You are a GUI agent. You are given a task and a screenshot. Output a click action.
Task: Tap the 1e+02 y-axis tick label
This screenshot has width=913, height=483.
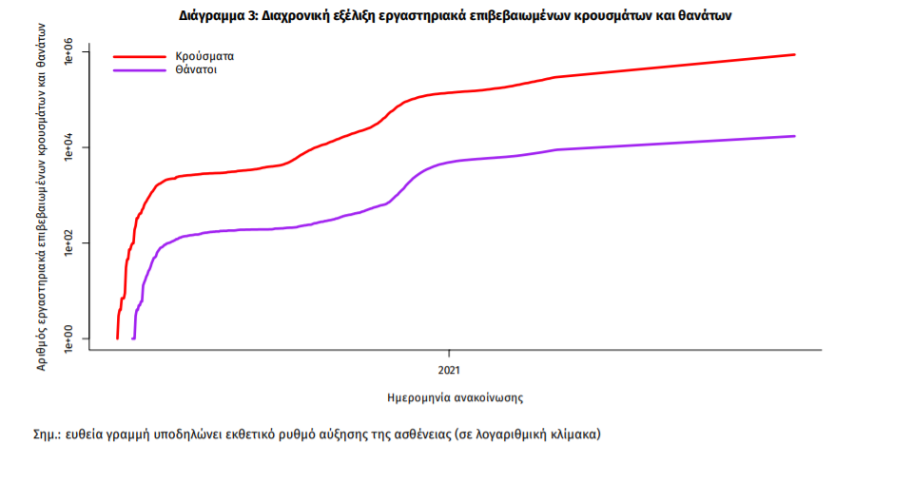(x=68, y=243)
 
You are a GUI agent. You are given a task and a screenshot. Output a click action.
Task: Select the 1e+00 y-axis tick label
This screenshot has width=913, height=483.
(x=68, y=338)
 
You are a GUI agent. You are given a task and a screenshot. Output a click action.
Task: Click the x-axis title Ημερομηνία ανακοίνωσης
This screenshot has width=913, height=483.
(x=456, y=396)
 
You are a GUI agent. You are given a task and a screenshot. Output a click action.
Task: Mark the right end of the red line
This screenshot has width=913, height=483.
(x=794, y=55)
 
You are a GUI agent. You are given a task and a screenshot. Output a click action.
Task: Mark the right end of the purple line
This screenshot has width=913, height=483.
(x=794, y=136)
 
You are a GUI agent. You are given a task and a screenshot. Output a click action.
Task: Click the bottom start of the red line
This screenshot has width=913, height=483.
(x=117, y=338)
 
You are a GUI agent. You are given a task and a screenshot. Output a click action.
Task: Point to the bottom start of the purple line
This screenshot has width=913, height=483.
(x=133, y=338)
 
